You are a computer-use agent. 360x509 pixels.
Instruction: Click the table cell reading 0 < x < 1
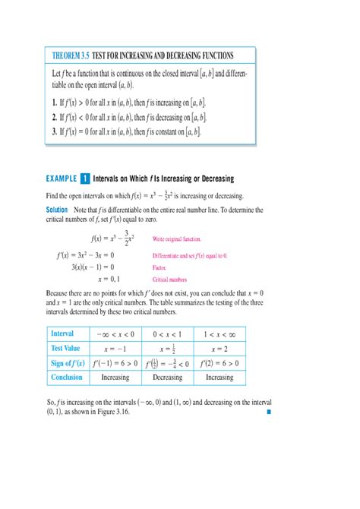click(x=167, y=334)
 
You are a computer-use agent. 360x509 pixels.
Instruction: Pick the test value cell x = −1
click(x=114, y=349)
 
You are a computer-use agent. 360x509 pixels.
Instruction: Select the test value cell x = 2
click(x=219, y=349)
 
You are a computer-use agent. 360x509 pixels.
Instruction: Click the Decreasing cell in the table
click(x=167, y=378)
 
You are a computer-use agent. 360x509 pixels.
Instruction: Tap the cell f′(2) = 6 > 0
click(x=219, y=363)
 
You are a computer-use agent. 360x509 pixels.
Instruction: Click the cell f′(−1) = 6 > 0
click(x=114, y=363)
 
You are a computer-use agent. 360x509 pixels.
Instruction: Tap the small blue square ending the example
click(x=268, y=414)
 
